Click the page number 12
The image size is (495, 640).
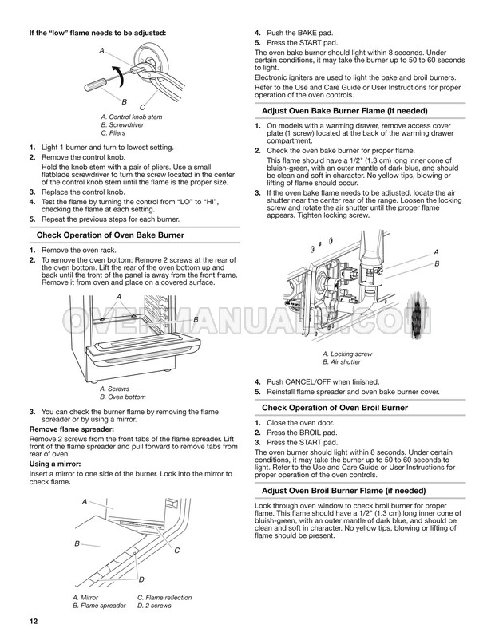(x=33, y=622)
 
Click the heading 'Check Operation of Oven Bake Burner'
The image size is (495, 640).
(x=110, y=235)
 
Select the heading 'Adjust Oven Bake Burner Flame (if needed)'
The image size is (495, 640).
(x=345, y=111)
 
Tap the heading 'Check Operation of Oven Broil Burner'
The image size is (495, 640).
(x=335, y=407)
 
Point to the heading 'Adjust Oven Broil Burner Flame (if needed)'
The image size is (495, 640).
(x=344, y=491)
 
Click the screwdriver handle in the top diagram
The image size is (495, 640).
(x=95, y=84)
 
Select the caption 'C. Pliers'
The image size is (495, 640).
(x=113, y=133)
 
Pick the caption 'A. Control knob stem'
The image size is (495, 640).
(x=132, y=117)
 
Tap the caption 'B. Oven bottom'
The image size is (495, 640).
(x=122, y=397)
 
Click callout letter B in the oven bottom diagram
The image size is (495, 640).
(x=196, y=319)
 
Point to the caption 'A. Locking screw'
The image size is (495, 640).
(x=347, y=354)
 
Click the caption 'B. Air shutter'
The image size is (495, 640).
(x=342, y=362)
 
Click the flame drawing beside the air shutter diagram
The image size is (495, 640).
(x=418, y=313)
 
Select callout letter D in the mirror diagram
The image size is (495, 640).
(x=141, y=579)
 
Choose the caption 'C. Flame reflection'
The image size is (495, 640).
(x=164, y=598)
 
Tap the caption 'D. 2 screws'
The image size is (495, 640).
(x=154, y=606)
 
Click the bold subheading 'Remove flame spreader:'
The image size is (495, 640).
(x=72, y=429)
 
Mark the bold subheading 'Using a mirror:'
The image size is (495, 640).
(x=55, y=464)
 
